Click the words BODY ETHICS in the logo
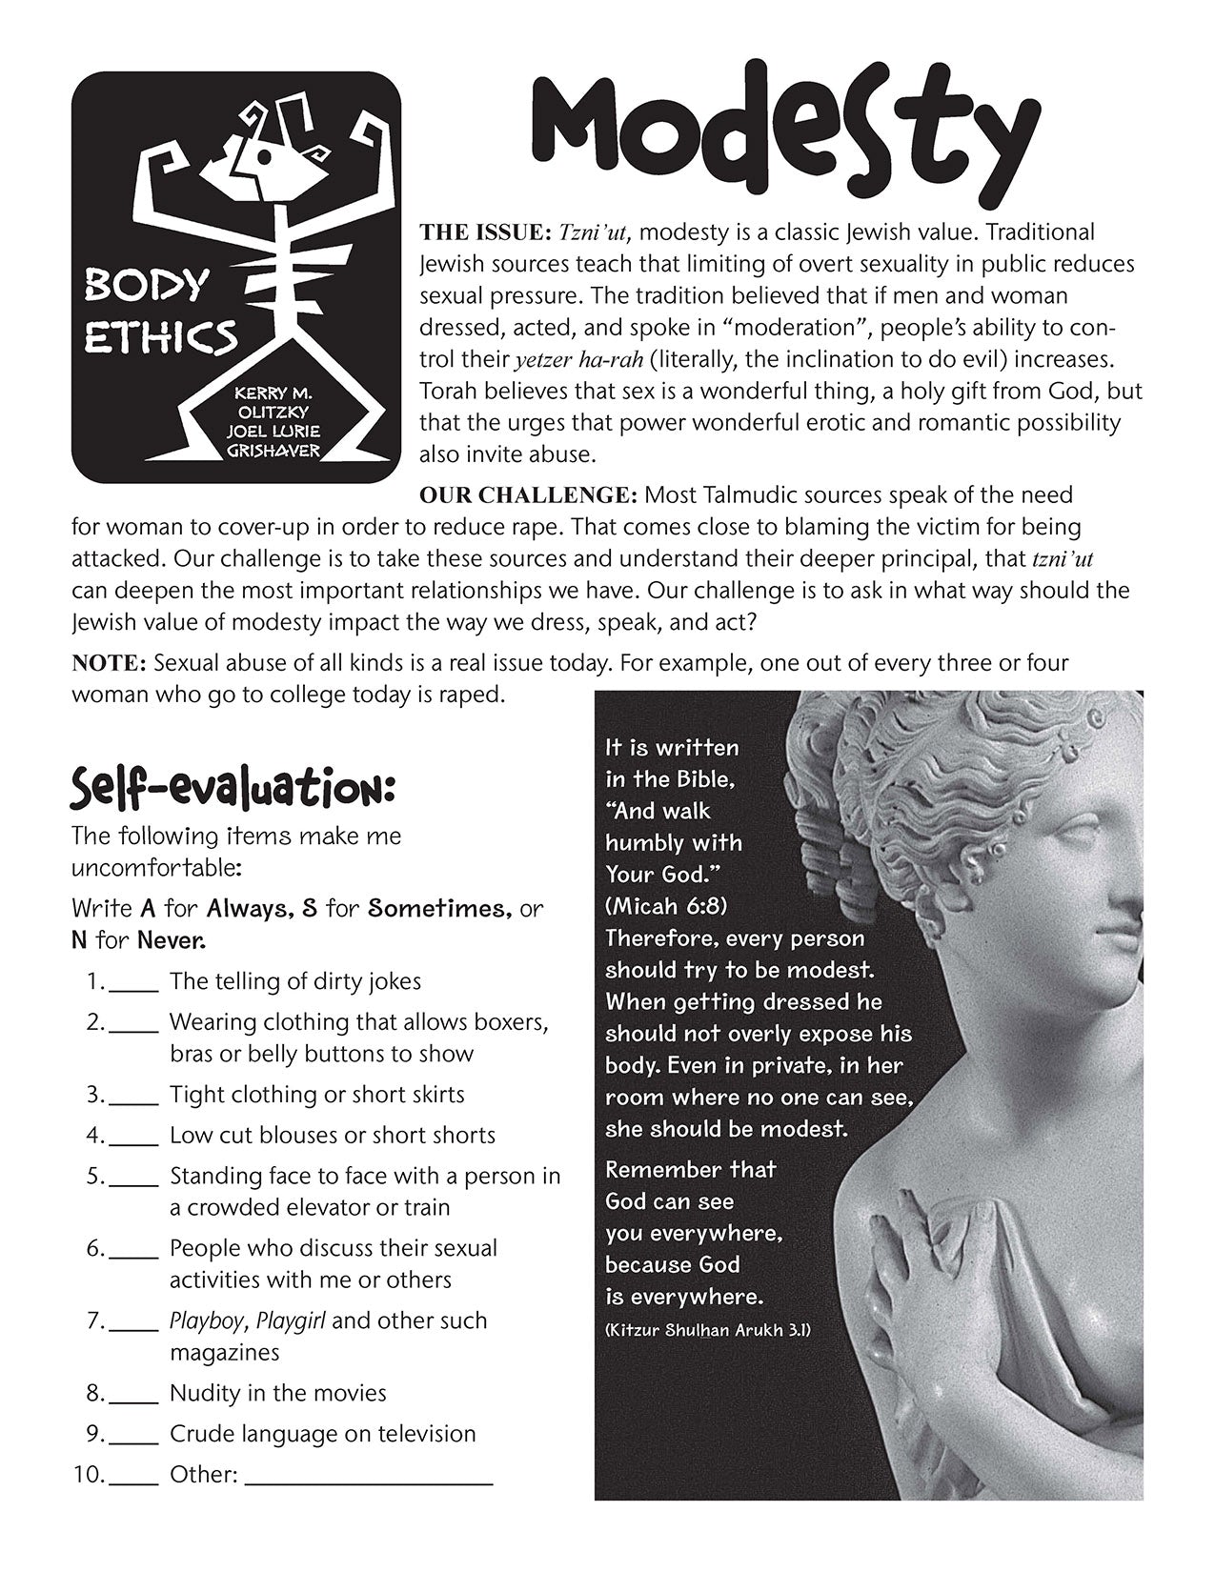pos(159,310)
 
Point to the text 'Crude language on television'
pos(322,1434)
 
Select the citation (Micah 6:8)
pos(666,906)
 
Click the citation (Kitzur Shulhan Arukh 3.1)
pos(707,1330)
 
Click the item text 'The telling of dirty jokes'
pos(295,981)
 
